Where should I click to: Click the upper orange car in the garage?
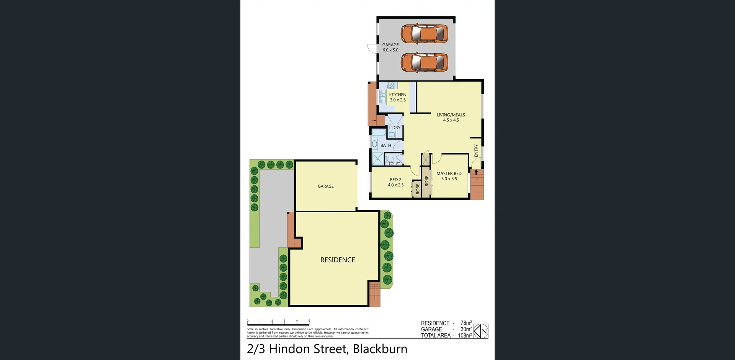coord(424,34)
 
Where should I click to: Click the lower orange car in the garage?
coord(424,62)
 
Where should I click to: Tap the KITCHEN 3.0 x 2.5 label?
coord(397,97)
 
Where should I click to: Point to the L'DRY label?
coord(395,128)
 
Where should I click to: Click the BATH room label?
coord(385,145)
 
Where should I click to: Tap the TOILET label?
coord(394,164)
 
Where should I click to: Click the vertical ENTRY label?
coord(476,150)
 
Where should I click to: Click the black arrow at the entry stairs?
coord(476,172)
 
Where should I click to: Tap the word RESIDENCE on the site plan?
coord(337,260)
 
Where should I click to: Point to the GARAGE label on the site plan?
coord(325,186)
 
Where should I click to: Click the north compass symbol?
coord(481,331)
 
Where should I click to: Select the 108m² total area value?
coord(465,335)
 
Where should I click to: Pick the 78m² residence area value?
coord(466,323)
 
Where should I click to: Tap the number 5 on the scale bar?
coord(309,321)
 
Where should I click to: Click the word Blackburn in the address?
coord(380,349)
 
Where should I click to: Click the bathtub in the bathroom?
coord(379,133)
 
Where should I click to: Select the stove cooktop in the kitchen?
coord(390,85)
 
